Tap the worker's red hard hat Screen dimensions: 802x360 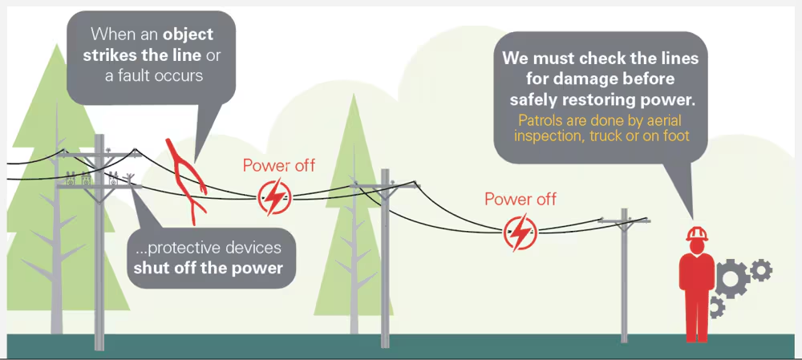[x=696, y=233]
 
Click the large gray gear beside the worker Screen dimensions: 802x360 [x=732, y=279]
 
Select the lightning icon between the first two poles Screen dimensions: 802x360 [x=274, y=197]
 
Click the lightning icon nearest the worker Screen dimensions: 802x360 [x=520, y=232]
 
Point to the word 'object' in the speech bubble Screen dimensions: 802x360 [x=188, y=34]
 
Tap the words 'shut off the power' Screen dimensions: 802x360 [x=209, y=268]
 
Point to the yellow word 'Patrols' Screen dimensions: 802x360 [x=540, y=121]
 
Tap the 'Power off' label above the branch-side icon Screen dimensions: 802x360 [x=279, y=166]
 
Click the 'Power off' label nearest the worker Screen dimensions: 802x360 [x=520, y=199]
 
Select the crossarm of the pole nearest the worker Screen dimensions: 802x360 [x=624, y=220]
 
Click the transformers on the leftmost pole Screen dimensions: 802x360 [x=92, y=178]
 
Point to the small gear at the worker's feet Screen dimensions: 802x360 [x=716, y=307]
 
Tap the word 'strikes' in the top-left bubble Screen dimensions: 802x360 [x=108, y=55]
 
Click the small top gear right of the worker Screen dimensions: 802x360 [x=761, y=269]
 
